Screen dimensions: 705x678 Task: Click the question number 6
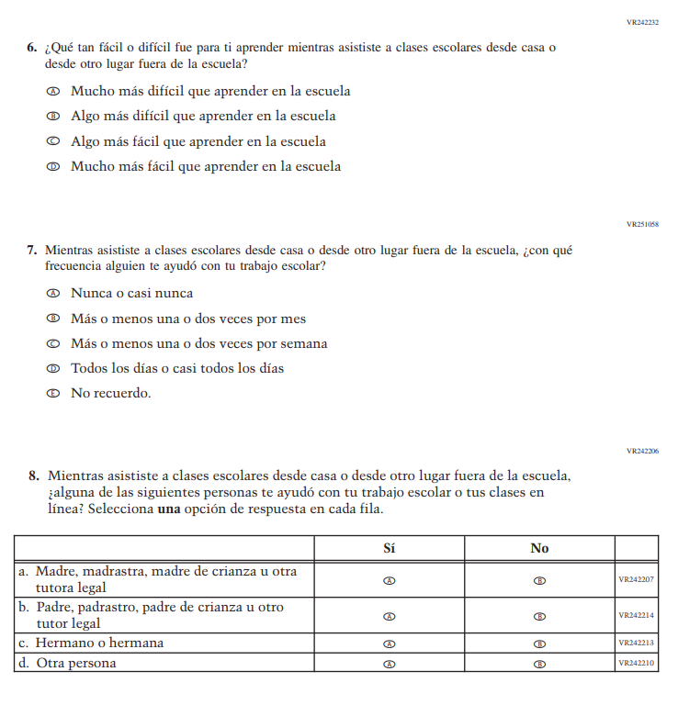(31, 48)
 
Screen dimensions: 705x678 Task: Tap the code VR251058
(642, 224)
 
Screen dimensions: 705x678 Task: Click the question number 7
(31, 250)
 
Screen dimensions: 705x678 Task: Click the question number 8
(33, 476)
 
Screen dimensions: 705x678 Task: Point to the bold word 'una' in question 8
(167, 509)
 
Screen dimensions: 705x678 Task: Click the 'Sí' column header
(390, 548)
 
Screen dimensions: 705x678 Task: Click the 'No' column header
(539, 548)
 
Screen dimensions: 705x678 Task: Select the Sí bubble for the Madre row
(390, 580)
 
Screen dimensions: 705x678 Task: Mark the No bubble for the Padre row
(539, 616)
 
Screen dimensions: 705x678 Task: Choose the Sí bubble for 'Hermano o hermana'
(390, 643)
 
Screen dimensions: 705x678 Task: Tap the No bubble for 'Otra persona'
(539, 663)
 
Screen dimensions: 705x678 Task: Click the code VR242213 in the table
(637, 643)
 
